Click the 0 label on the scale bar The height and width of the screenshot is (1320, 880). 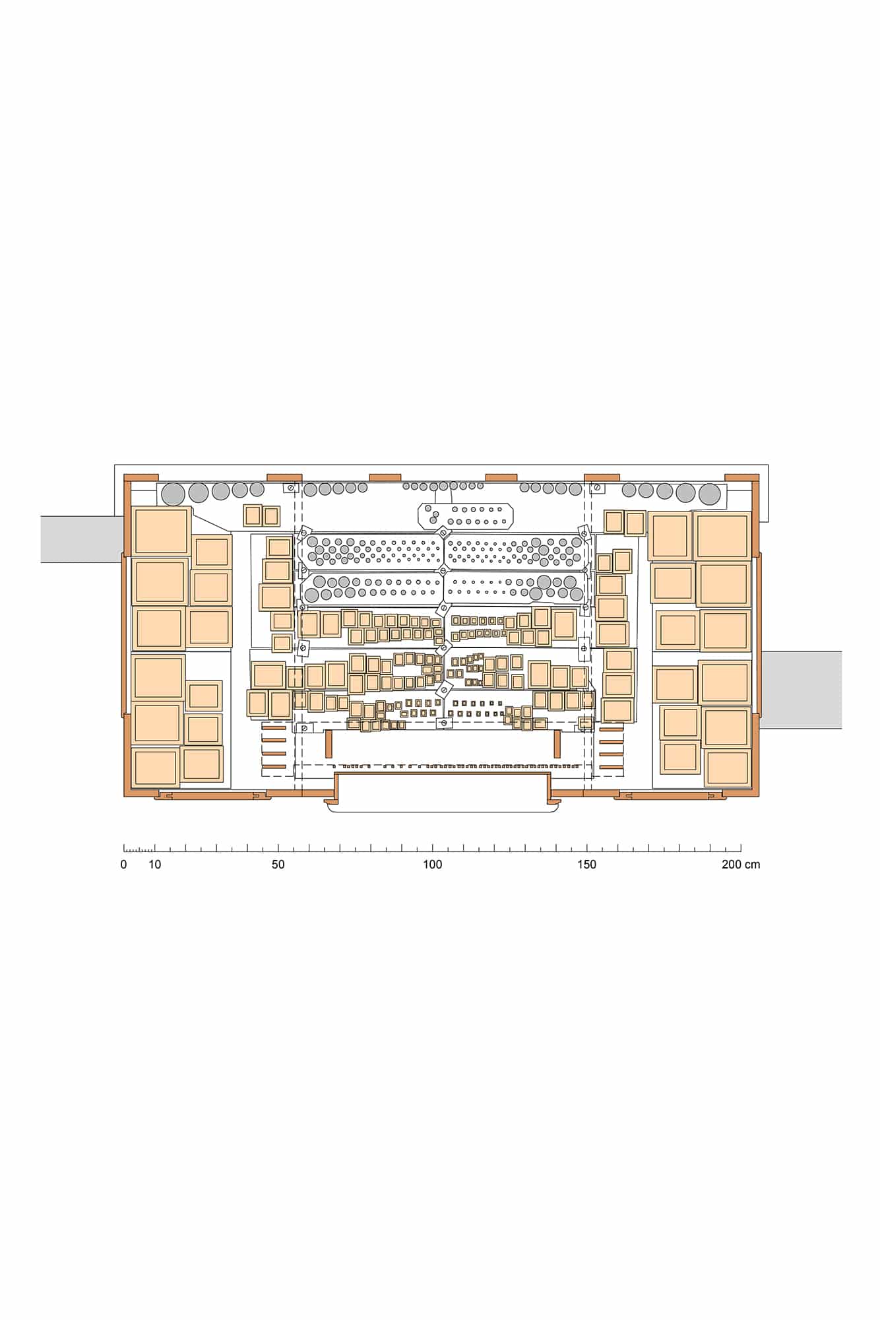(124, 865)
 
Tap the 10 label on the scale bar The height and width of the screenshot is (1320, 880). (154, 865)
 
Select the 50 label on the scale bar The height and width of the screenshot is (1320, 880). (278, 865)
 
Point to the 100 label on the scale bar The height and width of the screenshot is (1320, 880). (433, 865)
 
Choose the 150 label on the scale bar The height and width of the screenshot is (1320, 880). (586, 865)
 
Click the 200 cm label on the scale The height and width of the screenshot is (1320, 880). (741, 865)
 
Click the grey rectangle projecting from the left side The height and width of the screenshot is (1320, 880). (82, 539)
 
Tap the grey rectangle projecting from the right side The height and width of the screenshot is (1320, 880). (801, 690)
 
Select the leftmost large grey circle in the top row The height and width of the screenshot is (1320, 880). (173, 494)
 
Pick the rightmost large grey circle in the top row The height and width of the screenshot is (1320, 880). (710, 494)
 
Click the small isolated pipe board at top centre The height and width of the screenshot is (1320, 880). (466, 515)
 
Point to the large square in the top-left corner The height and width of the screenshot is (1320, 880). (161, 531)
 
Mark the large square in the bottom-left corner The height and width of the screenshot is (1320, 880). (156, 768)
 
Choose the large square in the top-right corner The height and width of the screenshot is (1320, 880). (722, 535)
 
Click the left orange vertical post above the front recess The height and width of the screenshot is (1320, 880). (328, 744)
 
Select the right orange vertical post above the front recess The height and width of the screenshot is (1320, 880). (557, 744)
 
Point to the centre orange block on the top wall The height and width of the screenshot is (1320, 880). (385, 477)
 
